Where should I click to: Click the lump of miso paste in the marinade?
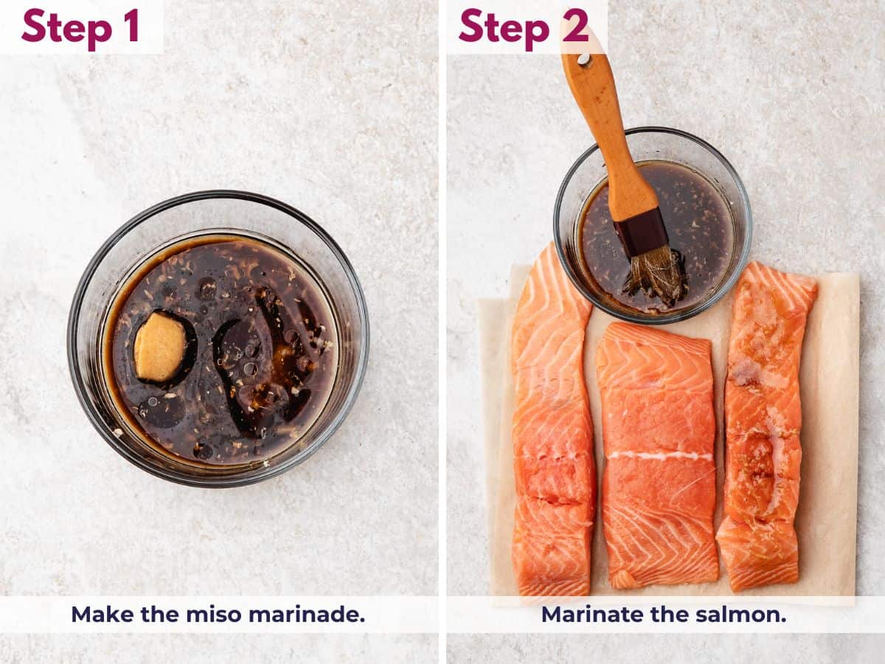point(160,346)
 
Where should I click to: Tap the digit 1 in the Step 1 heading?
point(131,27)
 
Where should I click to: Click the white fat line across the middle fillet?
point(659,456)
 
